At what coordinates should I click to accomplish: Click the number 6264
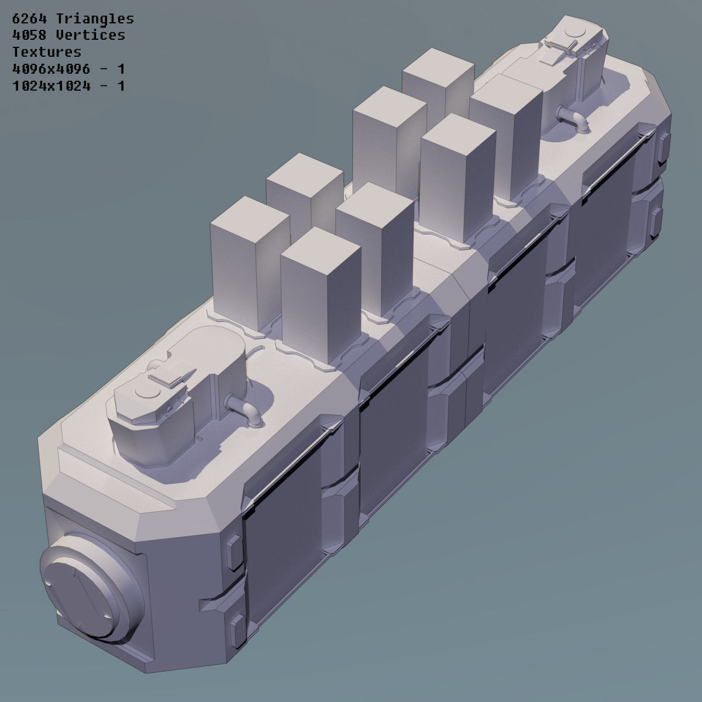click(x=30, y=19)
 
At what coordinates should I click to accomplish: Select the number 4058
click(x=30, y=35)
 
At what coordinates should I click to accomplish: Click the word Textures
click(x=47, y=52)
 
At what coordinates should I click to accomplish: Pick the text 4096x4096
click(x=51, y=69)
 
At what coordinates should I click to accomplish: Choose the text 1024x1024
click(x=51, y=86)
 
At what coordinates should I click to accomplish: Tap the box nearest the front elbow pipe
click(x=319, y=292)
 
